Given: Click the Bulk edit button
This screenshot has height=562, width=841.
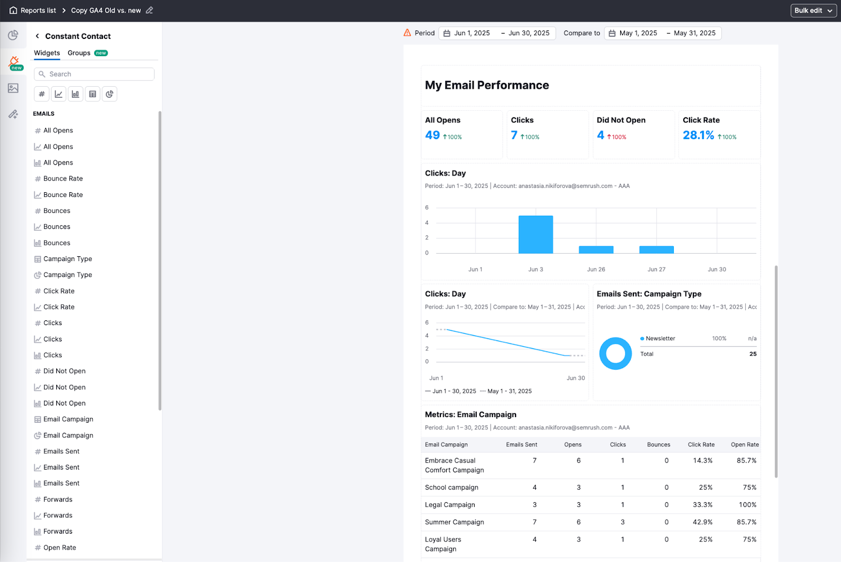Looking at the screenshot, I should pos(813,11).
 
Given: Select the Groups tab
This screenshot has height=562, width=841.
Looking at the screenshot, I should pos(79,53).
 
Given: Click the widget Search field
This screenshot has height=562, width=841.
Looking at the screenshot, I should pos(95,74).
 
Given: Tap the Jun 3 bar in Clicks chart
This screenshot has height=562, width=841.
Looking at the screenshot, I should pos(536,235).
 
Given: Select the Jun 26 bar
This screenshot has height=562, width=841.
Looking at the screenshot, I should pos(596,250).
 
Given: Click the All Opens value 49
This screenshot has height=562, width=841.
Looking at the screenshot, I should pos(432,136).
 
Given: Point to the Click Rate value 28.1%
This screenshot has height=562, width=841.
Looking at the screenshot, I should pos(698,136).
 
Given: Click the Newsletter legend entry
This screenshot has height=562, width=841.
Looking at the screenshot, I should pos(660,339).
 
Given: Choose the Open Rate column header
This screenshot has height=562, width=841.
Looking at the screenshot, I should pos(744,445).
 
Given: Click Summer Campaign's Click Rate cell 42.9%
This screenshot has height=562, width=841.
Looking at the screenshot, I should pos(702,522).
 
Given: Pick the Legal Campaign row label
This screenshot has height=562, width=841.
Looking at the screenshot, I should pos(450,505).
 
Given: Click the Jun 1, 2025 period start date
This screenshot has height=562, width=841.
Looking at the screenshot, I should pos(471,33).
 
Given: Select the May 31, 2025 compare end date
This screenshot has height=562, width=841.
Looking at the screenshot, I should pos(694,33).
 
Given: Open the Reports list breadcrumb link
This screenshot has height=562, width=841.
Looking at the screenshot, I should pos(38,11).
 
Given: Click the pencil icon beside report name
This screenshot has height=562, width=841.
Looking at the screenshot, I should pos(149,11).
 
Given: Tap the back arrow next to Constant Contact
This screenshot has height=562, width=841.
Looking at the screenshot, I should pos(37,36).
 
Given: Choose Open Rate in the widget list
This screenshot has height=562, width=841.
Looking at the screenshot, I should pos(59,547).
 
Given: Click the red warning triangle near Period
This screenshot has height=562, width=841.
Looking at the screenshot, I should pos(407,33).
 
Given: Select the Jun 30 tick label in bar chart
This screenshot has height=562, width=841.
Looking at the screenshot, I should pos(716,269).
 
